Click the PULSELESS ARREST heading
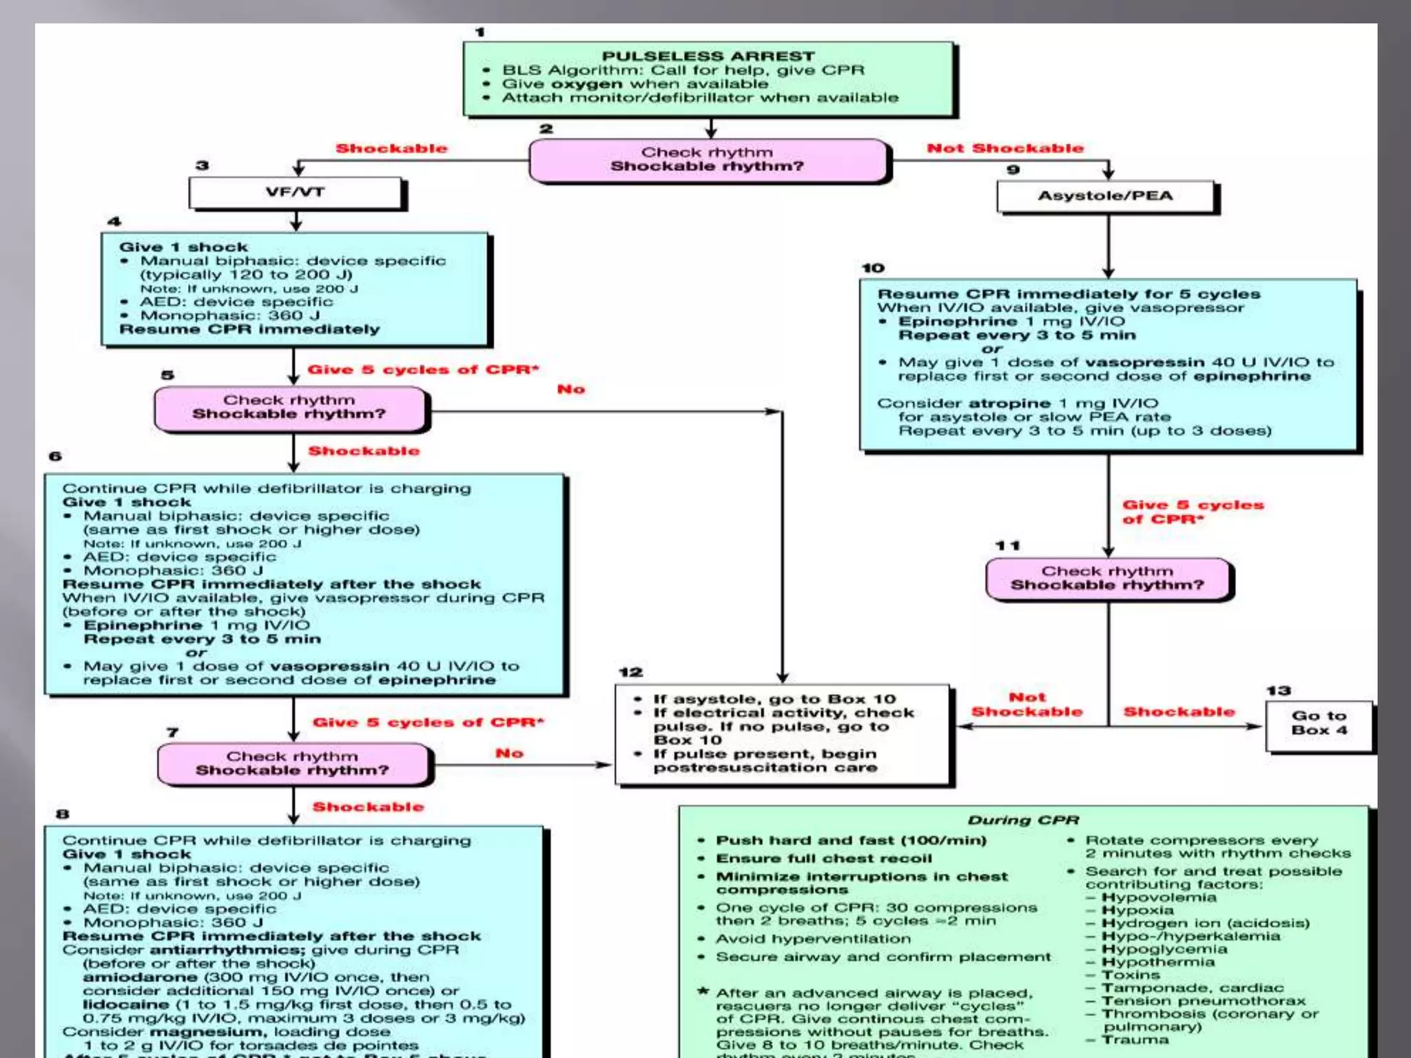pos(708,56)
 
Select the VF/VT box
pos(295,192)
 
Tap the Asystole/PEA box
pos(1105,196)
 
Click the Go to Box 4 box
pos(1319,723)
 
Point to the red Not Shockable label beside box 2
pos(1005,148)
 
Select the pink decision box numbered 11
pos(1107,579)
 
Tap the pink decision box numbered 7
pos(293,764)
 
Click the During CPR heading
pos(1023,820)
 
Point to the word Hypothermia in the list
pos(1158,962)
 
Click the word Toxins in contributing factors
pos(1131,975)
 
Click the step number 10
pos(872,268)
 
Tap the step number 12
pos(630,672)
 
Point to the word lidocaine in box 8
pos(126,1004)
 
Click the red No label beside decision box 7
pos(509,754)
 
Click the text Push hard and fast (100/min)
pos(851,840)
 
